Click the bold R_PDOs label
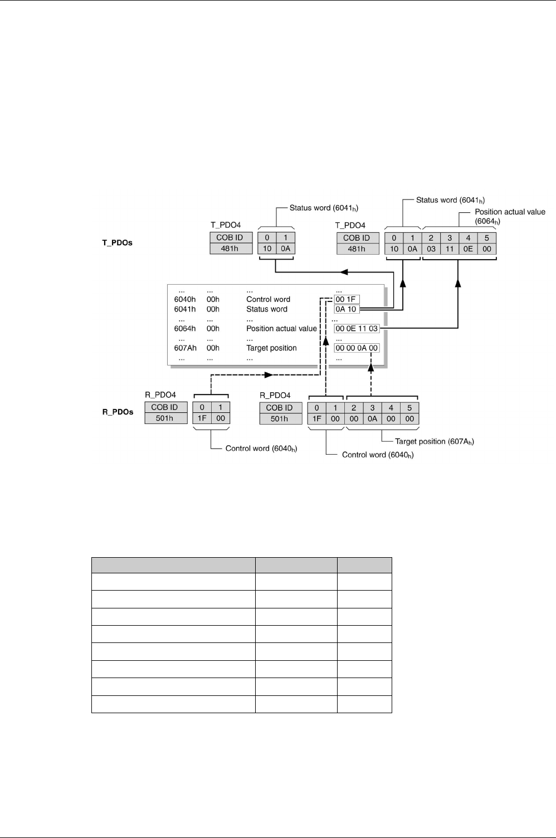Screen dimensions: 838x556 118,412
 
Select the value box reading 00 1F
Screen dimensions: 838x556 347,299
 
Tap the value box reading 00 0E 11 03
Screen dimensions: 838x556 357,329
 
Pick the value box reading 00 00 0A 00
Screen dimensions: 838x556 357,348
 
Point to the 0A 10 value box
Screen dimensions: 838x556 346,309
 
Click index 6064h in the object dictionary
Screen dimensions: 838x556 185,329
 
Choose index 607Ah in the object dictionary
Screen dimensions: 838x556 185,348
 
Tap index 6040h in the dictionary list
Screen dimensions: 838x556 185,299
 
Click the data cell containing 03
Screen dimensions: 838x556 431,249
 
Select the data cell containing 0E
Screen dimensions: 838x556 468,249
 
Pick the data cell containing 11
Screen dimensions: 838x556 450,249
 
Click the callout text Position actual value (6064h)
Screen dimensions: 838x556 510,216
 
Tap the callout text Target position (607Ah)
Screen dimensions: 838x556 434,441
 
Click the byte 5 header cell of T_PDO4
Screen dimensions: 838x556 486,237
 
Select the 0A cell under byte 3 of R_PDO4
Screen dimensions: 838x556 372,419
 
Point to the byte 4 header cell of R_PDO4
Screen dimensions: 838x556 391,408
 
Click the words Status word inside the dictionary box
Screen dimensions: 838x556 267,309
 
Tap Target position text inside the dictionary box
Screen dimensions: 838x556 271,348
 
